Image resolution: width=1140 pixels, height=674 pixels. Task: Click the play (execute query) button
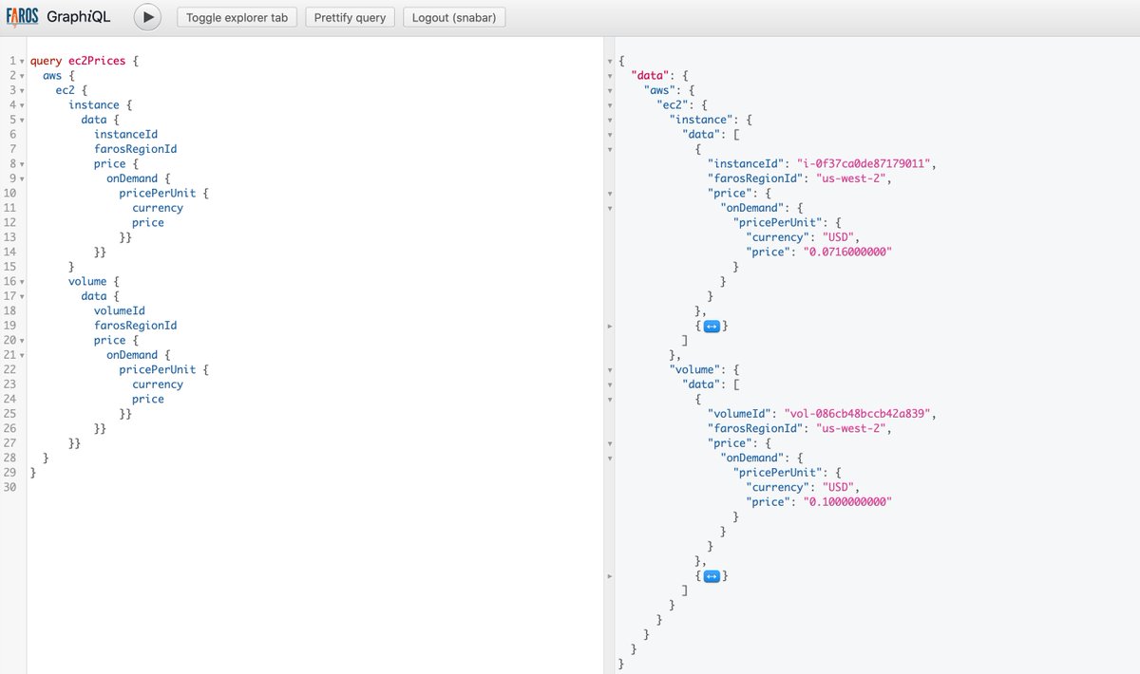(147, 17)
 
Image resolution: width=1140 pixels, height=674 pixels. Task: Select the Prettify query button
(350, 17)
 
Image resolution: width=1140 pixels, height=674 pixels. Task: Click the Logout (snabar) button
(454, 17)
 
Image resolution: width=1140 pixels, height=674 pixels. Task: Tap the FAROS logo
(22, 17)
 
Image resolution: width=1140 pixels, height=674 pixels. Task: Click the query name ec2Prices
(97, 61)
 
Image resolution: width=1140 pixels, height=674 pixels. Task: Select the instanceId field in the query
(125, 134)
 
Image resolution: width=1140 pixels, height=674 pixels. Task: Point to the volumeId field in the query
(119, 310)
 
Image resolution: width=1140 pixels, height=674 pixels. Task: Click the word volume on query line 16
(87, 281)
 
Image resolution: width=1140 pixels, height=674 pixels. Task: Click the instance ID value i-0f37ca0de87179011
(864, 164)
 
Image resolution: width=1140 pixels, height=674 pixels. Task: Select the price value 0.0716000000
(847, 252)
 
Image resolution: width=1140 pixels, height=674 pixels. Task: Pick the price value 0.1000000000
(847, 502)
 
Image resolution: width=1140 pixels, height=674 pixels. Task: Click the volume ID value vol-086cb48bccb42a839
(857, 414)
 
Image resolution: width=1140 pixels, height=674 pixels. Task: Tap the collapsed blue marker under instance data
(712, 326)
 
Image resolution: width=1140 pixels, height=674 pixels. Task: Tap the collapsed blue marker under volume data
(712, 576)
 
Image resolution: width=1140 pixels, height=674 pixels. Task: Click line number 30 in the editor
(10, 487)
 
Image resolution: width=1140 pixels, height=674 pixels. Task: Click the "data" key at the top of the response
(650, 75)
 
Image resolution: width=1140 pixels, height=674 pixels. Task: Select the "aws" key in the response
(659, 90)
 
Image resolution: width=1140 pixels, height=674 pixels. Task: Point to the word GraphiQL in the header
(78, 17)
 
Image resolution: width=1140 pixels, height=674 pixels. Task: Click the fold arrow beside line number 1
(22, 62)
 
